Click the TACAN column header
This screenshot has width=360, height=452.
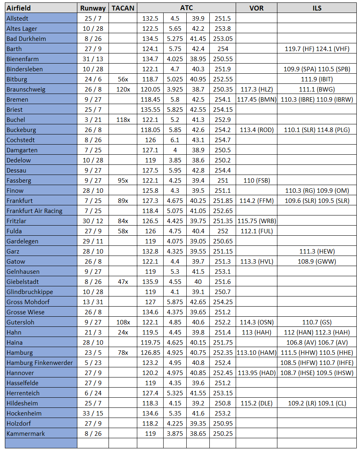click(123, 8)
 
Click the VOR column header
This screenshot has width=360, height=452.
click(256, 8)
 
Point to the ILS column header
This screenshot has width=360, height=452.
click(317, 8)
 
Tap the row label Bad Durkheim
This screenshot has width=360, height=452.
click(26, 39)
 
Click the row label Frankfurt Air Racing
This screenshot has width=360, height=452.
click(34, 211)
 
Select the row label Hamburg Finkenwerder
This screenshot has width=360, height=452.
click(40, 363)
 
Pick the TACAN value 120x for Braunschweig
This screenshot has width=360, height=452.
click(123, 90)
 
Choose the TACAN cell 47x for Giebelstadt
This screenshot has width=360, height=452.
click(123, 282)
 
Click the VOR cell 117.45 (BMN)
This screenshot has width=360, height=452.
click(256, 100)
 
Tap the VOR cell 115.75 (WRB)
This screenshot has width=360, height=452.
click(256, 221)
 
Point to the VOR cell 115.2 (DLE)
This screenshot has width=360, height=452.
click(256, 403)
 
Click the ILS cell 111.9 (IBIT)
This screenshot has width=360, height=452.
click(317, 79)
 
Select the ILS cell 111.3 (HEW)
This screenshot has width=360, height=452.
click(317, 252)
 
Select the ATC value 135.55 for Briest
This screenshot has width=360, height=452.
click(150, 110)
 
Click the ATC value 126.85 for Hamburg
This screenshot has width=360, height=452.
click(150, 353)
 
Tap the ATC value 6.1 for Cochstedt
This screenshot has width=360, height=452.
click(175, 140)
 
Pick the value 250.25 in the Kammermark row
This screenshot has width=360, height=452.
click(222, 434)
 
